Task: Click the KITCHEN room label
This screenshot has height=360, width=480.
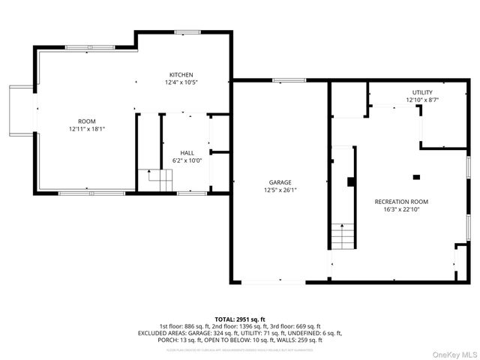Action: click(181, 74)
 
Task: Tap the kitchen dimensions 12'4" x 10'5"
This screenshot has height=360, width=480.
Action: click(181, 82)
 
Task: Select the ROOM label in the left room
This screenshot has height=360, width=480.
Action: click(87, 121)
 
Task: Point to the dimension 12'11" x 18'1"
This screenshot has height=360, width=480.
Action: click(87, 128)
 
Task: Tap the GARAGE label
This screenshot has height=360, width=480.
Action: click(280, 181)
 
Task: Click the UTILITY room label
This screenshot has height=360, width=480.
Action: click(422, 92)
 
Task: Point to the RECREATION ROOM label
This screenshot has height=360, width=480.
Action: click(401, 202)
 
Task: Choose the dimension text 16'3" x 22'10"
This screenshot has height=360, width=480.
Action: click(401, 209)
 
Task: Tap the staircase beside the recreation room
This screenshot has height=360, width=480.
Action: click(343, 236)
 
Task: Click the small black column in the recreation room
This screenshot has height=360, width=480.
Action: click(416, 177)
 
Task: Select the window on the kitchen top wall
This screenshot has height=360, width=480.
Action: click(185, 31)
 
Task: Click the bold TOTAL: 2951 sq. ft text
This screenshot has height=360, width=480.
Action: click(240, 319)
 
